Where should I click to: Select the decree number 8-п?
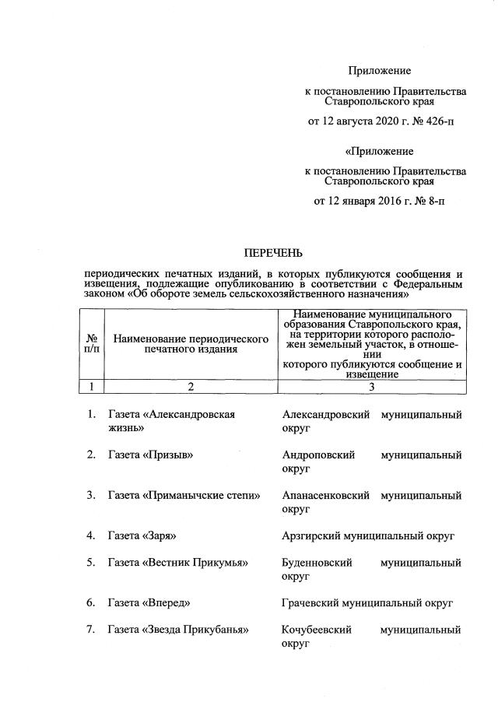[x=434, y=201]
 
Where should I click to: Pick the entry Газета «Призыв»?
[x=151, y=455]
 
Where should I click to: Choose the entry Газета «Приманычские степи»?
[x=184, y=495]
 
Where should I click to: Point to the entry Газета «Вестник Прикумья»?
[x=177, y=562]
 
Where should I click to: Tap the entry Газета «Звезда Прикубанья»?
[x=178, y=629]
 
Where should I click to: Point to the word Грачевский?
[x=310, y=602]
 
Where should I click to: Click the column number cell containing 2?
[x=190, y=386]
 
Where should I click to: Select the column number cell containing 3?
[x=372, y=386]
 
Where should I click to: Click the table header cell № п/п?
[x=92, y=343]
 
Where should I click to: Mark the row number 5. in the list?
[x=91, y=562]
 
